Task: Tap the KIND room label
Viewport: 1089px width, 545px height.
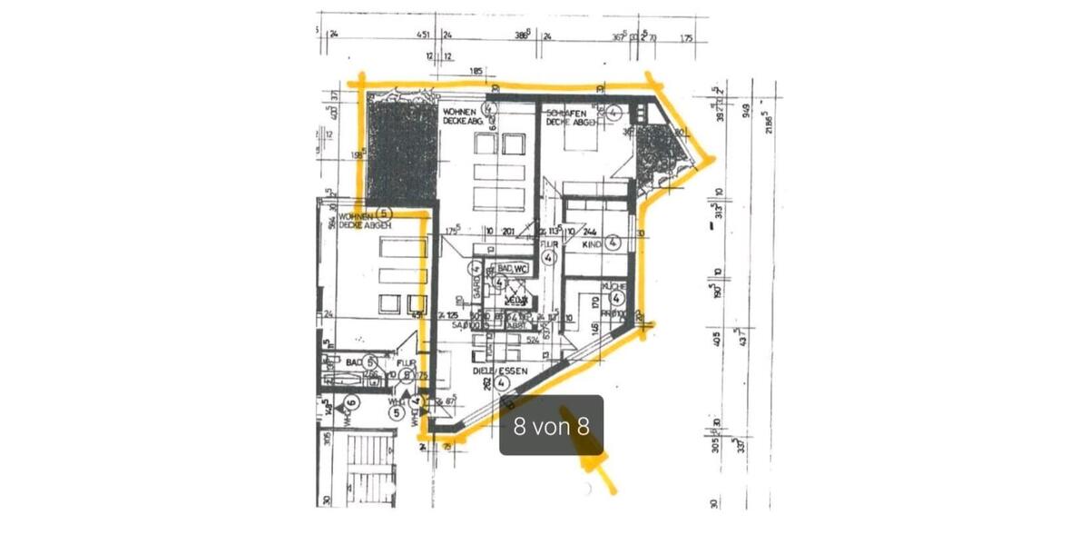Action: coord(591,243)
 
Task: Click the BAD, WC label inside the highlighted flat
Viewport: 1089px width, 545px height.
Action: coord(512,269)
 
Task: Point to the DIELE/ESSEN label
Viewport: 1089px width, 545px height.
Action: coord(491,371)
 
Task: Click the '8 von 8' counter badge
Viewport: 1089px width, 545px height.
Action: coord(551,425)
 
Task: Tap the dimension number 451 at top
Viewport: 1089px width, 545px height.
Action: coord(422,35)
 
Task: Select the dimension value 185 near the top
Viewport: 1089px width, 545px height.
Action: coord(476,71)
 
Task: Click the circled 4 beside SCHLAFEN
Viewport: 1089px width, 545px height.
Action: coord(613,113)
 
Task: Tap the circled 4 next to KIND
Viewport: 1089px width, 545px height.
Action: coord(613,243)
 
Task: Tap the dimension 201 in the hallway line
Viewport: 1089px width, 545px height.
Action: coord(508,232)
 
